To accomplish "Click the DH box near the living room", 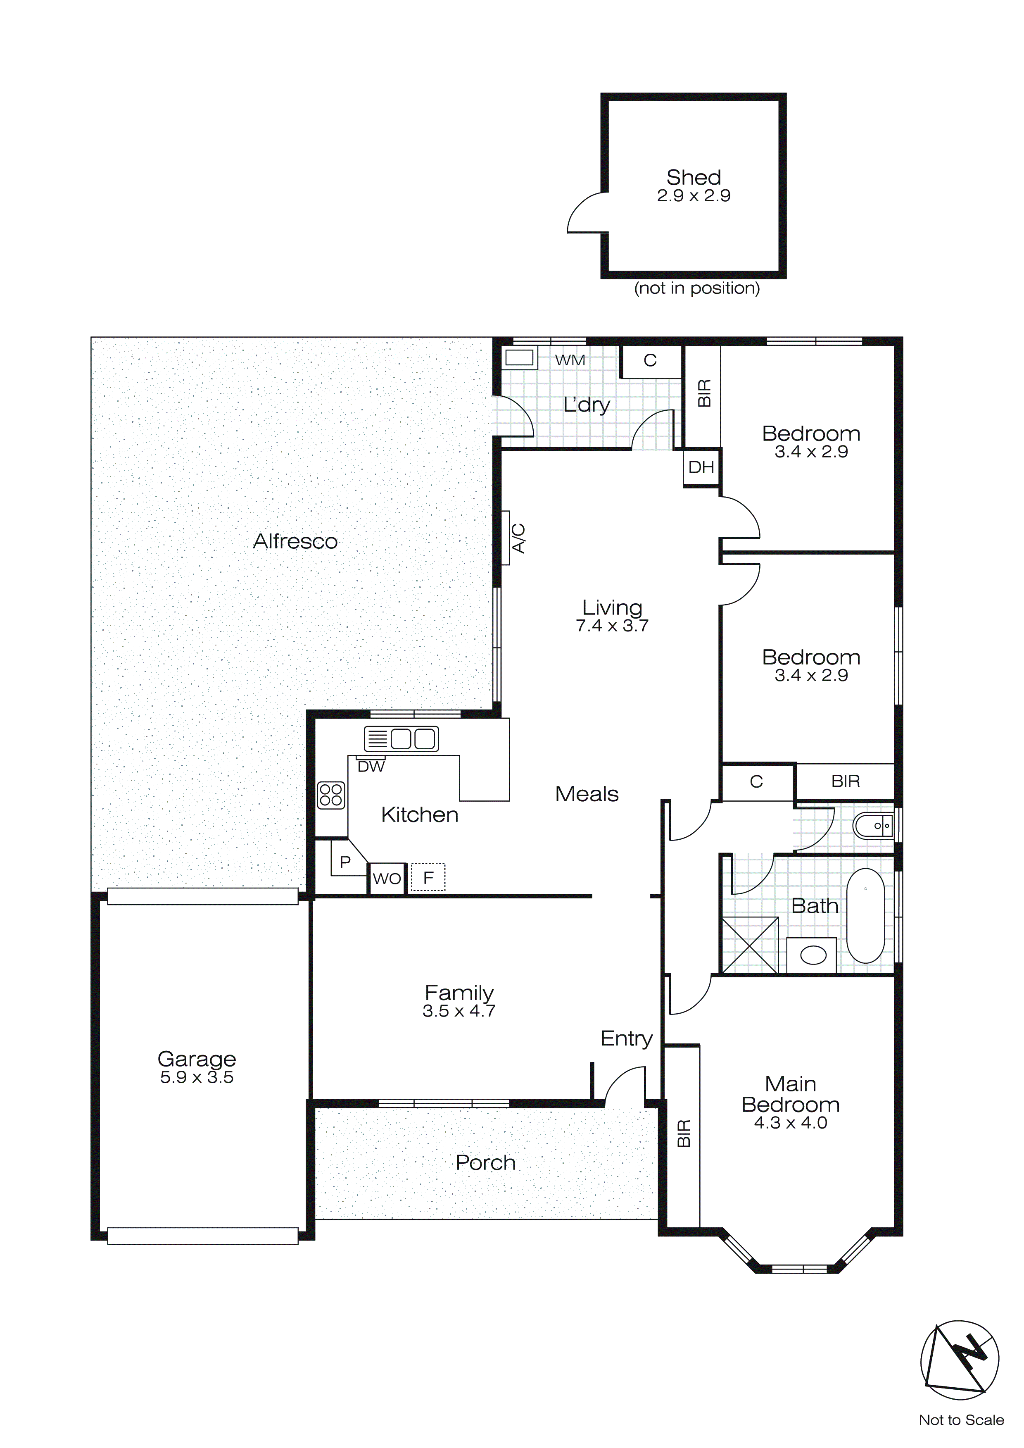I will (x=701, y=467).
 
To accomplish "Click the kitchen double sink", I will (x=401, y=738).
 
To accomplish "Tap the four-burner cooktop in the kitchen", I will (x=331, y=795).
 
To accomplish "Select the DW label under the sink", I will (x=371, y=767).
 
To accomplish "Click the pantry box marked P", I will (x=345, y=862).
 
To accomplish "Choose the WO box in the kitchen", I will (x=387, y=879).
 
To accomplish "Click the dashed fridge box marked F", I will (x=428, y=877).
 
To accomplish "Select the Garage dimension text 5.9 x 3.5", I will (x=197, y=1077).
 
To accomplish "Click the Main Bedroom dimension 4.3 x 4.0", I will (x=791, y=1123).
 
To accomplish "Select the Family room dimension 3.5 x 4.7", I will (x=459, y=1011).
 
